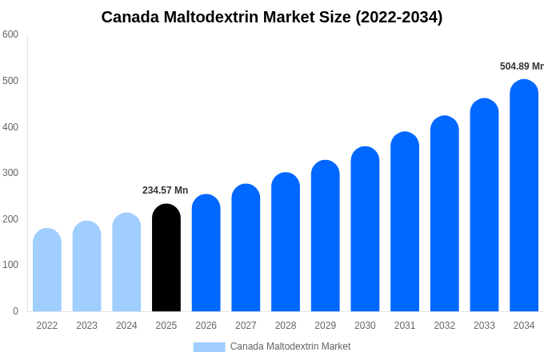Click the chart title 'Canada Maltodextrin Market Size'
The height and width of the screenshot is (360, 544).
coord(271,17)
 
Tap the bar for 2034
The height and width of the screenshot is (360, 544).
coord(524,196)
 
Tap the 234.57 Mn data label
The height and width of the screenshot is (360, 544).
coord(165,190)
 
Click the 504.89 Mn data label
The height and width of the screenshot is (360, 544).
coord(522,66)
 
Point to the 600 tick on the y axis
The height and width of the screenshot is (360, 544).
coord(10,34)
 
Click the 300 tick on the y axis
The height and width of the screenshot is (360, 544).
coord(10,173)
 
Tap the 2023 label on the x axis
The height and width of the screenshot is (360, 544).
coord(86,326)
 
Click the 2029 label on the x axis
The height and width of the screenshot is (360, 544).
coord(325,326)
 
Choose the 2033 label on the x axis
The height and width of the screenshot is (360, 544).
coord(484,326)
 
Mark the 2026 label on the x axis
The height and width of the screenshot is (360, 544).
coord(206,326)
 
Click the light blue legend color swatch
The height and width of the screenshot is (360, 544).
coord(209,347)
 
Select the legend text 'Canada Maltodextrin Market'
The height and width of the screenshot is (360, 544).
coord(290,346)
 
